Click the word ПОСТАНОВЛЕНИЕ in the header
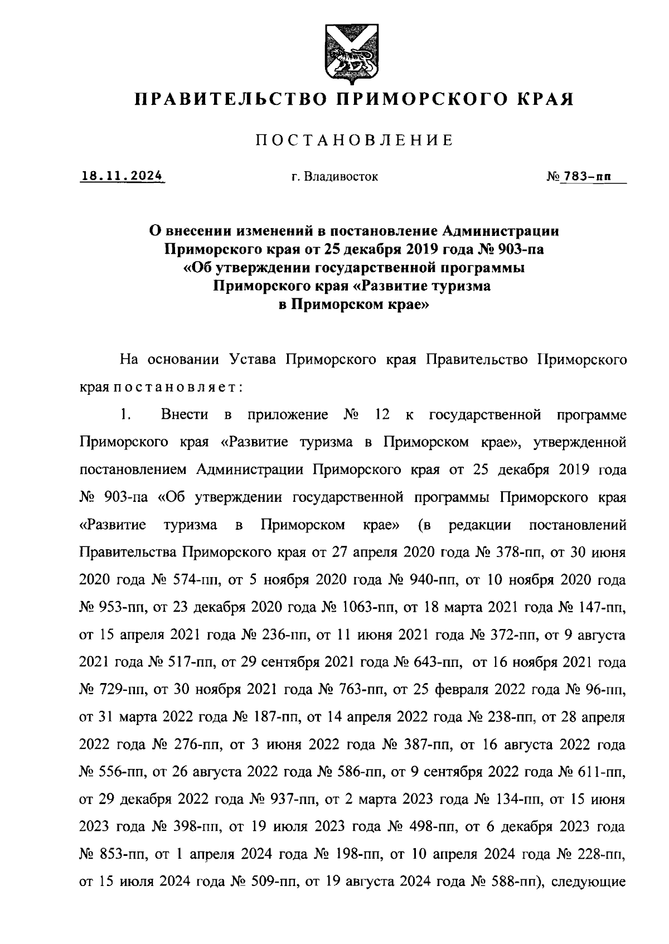click(x=353, y=141)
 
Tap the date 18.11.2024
click(x=122, y=177)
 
